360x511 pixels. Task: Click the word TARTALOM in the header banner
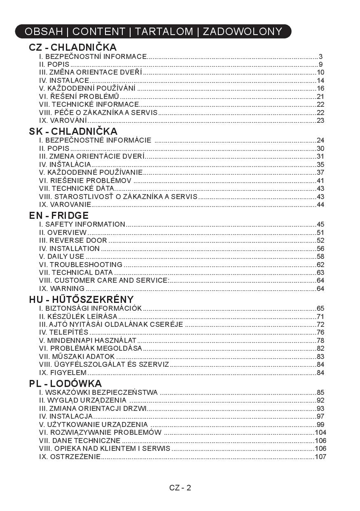164,32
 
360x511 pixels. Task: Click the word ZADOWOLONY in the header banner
242,32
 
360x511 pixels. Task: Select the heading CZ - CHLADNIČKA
73,47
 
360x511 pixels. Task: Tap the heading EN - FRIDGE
59,216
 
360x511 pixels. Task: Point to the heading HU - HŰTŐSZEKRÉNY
82,300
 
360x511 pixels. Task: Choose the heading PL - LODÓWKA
65,384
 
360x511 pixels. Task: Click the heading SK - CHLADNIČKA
73,131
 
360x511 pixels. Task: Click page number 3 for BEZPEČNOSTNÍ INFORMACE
320,56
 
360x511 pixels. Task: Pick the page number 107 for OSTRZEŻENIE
320,457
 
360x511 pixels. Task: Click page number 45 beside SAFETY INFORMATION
320,225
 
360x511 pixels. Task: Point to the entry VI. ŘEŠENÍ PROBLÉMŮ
79,96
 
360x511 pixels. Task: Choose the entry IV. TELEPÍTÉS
64,332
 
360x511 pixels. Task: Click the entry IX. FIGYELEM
63,373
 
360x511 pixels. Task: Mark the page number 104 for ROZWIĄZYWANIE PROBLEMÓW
320,432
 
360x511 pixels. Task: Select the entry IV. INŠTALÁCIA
65,164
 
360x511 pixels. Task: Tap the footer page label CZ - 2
180,488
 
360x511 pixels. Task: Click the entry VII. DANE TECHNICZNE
79,441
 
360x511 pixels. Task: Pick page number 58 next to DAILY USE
320,256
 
